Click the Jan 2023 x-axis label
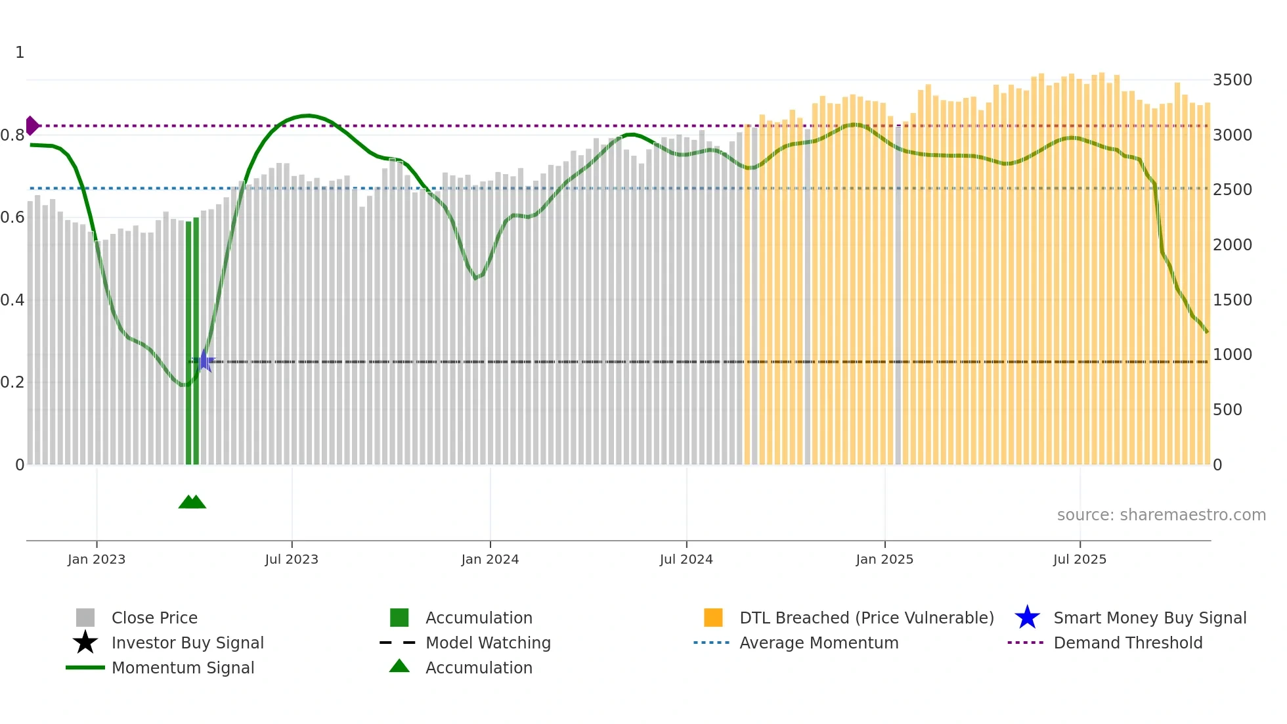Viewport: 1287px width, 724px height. [x=97, y=559]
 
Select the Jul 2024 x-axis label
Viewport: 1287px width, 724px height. [x=686, y=559]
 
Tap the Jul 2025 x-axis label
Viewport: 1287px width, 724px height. [x=1080, y=559]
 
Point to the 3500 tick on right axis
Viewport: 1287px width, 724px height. [x=1232, y=80]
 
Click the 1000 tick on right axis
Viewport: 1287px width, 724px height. [x=1232, y=355]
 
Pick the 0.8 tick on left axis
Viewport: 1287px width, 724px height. [x=12, y=135]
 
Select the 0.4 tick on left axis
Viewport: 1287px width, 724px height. [x=12, y=300]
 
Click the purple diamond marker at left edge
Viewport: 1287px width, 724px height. [x=32, y=125]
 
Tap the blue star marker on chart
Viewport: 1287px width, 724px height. [x=205, y=361]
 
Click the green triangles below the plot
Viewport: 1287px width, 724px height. [x=192, y=502]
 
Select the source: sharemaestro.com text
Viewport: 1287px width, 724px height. [x=1161, y=515]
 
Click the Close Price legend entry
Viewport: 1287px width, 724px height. [x=154, y=618]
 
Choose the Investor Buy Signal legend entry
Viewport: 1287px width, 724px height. [x=187, y=643]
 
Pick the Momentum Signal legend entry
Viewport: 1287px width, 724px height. [x=183, y=667]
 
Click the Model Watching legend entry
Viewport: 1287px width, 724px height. [x=488, y=643]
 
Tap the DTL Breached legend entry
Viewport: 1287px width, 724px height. [x=866, y=618]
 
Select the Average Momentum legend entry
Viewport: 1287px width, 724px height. [x=819, y=643]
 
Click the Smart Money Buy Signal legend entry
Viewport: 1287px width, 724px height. [x=1150, y=618]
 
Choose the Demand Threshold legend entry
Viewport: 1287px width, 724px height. [x=1127, y=643]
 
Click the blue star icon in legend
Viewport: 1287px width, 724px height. [x=1027, y=618]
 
